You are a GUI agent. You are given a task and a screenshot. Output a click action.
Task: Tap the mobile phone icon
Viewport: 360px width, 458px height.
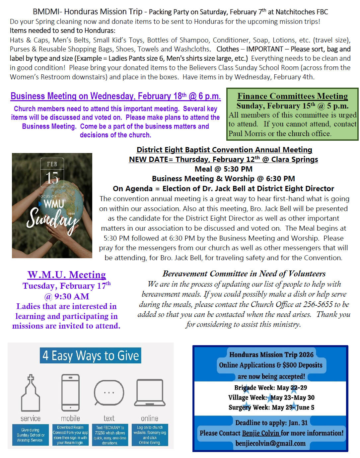coord(70,393)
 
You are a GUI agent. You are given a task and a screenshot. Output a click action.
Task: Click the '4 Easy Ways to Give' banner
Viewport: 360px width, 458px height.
coord(91,355)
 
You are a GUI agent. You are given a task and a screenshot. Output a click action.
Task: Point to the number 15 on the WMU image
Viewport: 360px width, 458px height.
coord(52,178)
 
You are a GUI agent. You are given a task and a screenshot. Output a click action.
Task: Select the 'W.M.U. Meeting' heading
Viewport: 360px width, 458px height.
coord(67,275)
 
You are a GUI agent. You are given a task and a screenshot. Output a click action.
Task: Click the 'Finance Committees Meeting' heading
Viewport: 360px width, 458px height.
coord(292,96)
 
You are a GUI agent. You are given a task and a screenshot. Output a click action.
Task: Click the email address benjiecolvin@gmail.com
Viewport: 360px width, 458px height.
coord(270,443)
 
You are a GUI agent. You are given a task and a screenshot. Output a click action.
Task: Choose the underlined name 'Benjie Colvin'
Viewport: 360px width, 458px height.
coord(261,433)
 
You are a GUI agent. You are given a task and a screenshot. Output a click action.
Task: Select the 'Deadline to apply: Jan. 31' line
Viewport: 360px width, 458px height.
coord(271,422)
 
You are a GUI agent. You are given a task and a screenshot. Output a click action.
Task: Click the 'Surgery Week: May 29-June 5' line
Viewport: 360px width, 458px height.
coord(271,407)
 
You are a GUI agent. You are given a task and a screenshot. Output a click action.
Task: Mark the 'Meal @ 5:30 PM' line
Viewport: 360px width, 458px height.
coord(223,169)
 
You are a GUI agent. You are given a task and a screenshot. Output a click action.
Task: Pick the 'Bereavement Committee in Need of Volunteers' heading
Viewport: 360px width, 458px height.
coord(244,273)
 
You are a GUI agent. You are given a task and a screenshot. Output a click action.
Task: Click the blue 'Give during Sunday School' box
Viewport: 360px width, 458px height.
coord(30,435)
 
